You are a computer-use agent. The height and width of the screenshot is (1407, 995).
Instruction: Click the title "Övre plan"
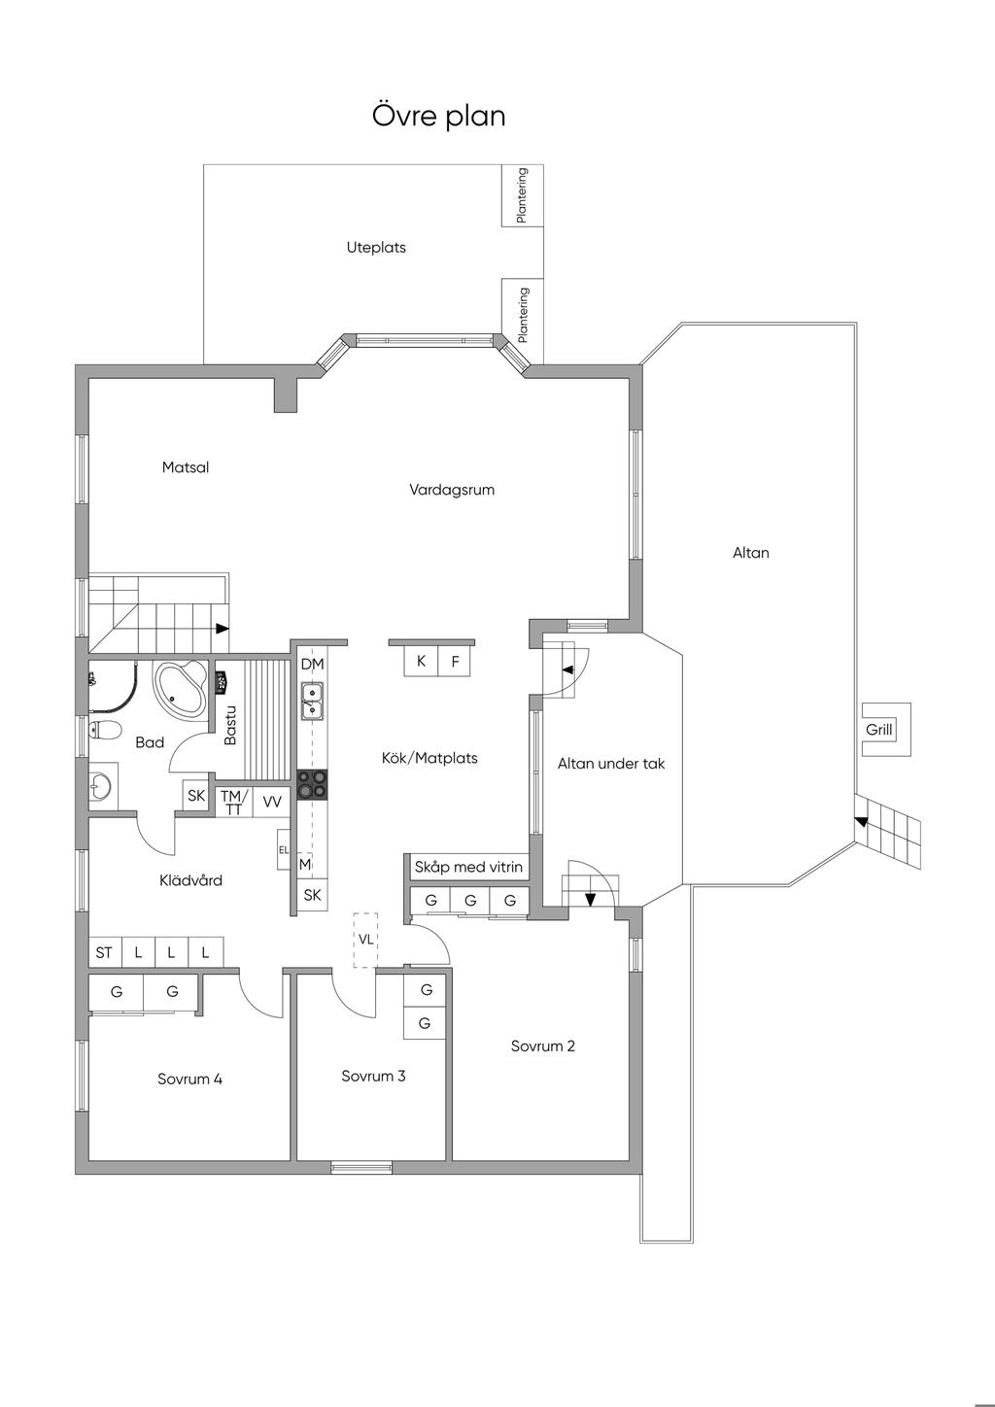click(438, 117)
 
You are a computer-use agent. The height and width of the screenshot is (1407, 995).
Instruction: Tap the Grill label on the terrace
click(878, 731)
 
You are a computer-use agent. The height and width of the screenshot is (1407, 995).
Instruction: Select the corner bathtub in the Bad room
click(181, 688)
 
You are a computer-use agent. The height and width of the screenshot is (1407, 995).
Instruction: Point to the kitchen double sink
click(312, 701)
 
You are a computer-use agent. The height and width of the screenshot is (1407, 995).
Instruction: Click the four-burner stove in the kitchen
click(312, 784)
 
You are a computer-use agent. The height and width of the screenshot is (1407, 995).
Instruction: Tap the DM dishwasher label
click(312, 665)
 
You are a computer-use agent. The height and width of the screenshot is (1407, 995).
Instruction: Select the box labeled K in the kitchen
click(421, 662)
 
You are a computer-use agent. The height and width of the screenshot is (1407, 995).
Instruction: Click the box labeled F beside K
click(455, 662)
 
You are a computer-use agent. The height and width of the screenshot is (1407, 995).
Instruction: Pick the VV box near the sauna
click(272, 802)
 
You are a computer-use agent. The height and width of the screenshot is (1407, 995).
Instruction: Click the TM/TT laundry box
click(233, 802)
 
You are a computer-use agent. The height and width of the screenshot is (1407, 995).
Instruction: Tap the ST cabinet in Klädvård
click(104, 952)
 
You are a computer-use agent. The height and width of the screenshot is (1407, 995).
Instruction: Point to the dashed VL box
click(365, 940)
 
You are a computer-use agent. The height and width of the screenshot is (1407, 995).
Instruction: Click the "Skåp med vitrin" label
click(468, 867)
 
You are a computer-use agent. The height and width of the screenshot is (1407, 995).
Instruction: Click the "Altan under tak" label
click(611, 764)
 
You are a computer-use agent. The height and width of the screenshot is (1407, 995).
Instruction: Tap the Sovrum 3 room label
click(373, 1076)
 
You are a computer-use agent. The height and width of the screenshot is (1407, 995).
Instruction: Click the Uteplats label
click(376, 248)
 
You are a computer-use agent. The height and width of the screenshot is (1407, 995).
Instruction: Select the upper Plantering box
click(522, 195)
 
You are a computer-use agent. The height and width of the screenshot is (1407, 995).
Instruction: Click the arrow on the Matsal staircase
click(223, 629)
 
